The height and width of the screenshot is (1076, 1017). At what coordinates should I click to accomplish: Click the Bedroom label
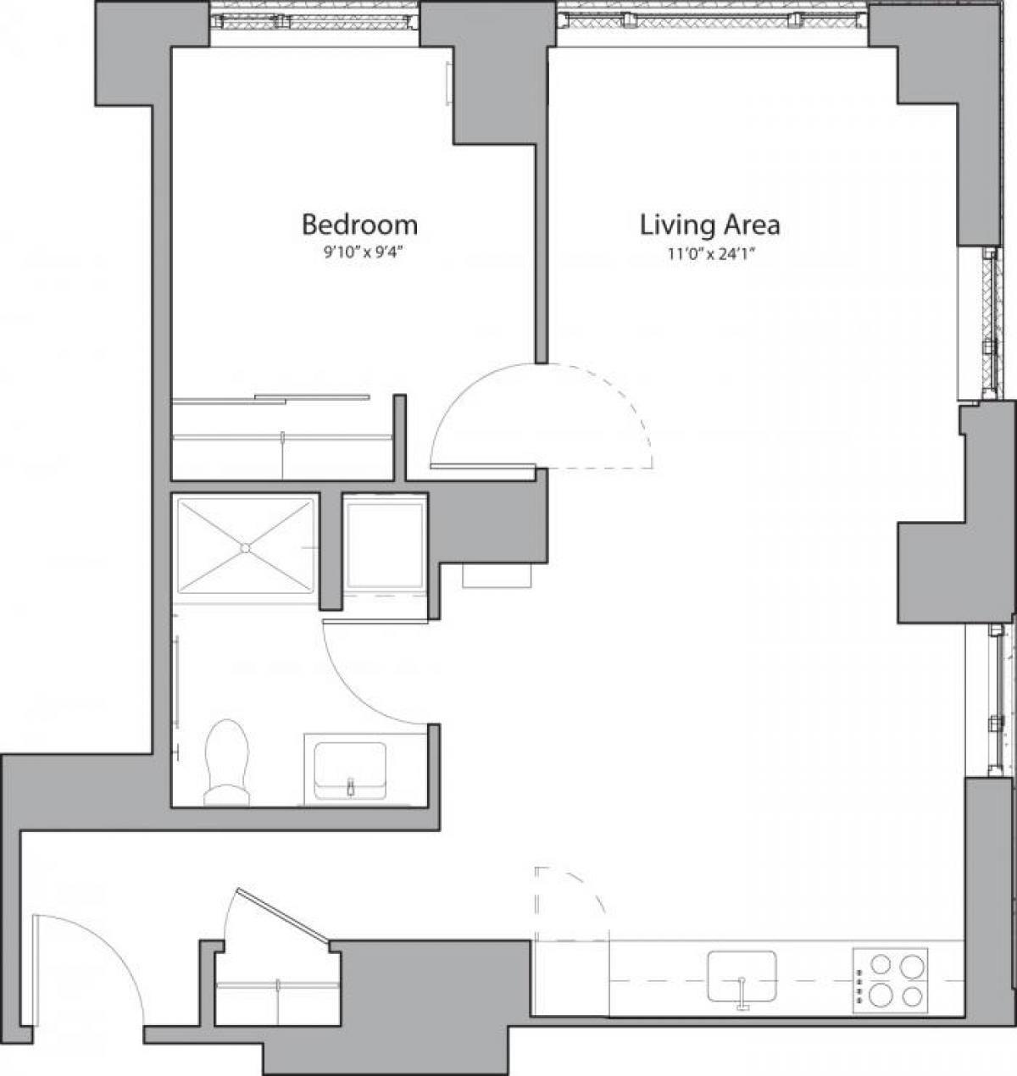pyautogui.click(x=359, y=225)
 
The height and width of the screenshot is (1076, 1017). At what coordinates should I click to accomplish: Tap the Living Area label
pyautogui.click(x=709, y=225)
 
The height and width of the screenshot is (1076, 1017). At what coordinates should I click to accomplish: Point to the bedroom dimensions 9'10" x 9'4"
pyautogui.click(x=359, y=252)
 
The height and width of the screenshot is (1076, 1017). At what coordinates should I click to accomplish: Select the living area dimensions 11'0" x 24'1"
pyautogui.click(x=709, y=252)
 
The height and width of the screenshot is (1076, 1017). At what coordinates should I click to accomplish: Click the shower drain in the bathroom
pyautogui.click(x=244, y=547)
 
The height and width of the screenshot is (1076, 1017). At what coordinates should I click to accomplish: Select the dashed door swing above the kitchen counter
pyautogui.click(x=570, y=902)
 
